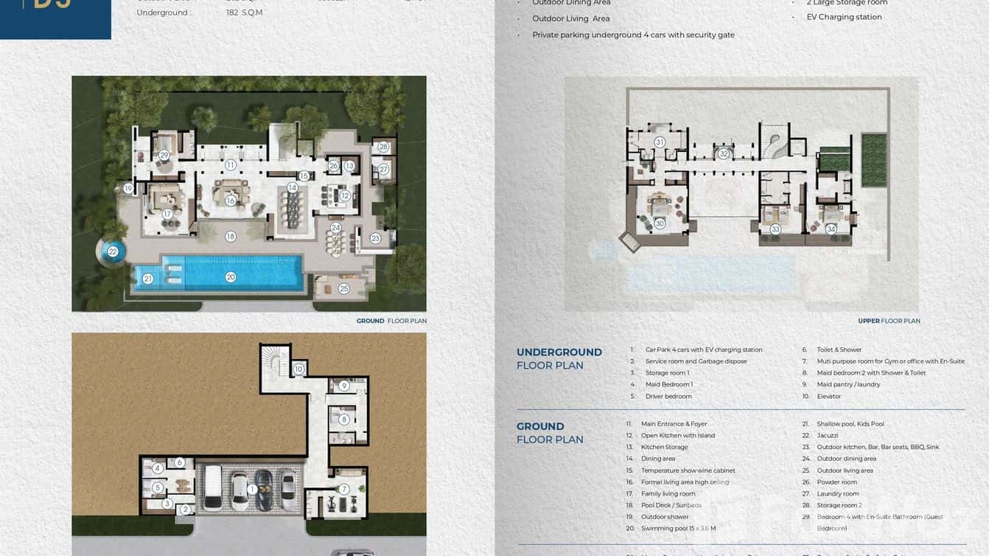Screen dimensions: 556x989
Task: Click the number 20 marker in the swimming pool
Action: (x=231, y=277)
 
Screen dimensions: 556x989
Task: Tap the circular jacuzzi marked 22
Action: (x=113, y=251)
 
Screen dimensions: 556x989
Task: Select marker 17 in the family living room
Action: (x=167, y=215)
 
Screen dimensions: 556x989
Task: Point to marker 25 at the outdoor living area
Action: (x=343, y=288)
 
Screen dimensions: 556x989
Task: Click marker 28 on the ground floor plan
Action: (x=383, y=147)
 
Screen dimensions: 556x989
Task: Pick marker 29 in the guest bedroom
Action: (x=164, y=155)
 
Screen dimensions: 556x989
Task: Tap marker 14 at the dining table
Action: (x=293, y=188)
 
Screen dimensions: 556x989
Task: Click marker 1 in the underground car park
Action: (x=252, y=489)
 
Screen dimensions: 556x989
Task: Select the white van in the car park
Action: (x=213, y=487)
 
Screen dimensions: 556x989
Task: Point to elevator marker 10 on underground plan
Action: (x=298, y=369)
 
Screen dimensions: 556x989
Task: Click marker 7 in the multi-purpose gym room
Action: (x=343, y=489)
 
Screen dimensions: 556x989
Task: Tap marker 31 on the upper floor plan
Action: (x=660, y=142)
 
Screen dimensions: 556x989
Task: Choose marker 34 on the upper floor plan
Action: (x=831, y=229)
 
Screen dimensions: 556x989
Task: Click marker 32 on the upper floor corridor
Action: (x=724, y=154)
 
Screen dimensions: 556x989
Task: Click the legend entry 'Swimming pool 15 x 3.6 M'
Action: (x=678, y=529)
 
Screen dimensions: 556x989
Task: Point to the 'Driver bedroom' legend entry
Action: (x=668, y=396)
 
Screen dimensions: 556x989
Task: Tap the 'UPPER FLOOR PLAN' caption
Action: (x=889, y=321)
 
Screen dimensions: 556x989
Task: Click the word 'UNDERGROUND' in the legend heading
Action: (x=559, y=352)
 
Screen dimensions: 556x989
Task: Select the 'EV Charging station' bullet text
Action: (x=844, y=17)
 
